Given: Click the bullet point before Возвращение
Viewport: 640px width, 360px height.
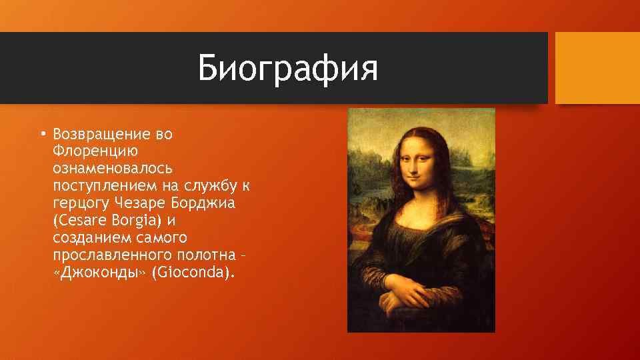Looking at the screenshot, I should [41, 134].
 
